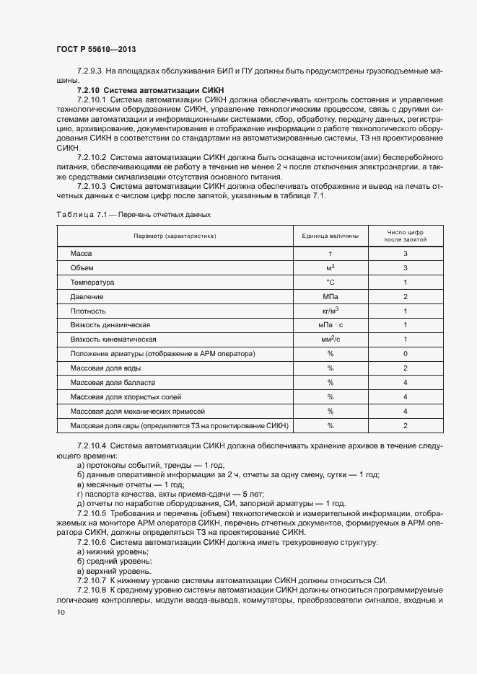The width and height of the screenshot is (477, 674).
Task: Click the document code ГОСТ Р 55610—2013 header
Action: point(95,49)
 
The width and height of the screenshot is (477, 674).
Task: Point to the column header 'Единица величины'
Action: point(330,236)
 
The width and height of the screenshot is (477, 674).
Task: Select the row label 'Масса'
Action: point(81,254)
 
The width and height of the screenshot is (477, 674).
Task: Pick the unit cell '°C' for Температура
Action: point(330,283)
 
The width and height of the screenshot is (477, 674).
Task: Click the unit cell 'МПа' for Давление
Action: point(330,296)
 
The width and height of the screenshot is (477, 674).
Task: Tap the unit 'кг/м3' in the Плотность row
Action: point(330,311)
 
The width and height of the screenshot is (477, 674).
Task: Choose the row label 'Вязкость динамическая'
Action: point(110,325)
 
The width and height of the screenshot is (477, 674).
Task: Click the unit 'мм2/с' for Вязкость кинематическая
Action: point(330,339)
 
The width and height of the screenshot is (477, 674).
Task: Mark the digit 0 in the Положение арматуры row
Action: point(406,353)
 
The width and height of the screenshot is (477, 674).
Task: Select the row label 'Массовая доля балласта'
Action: point(113,382)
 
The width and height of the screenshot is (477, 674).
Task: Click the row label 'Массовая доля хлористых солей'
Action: point(125,396)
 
